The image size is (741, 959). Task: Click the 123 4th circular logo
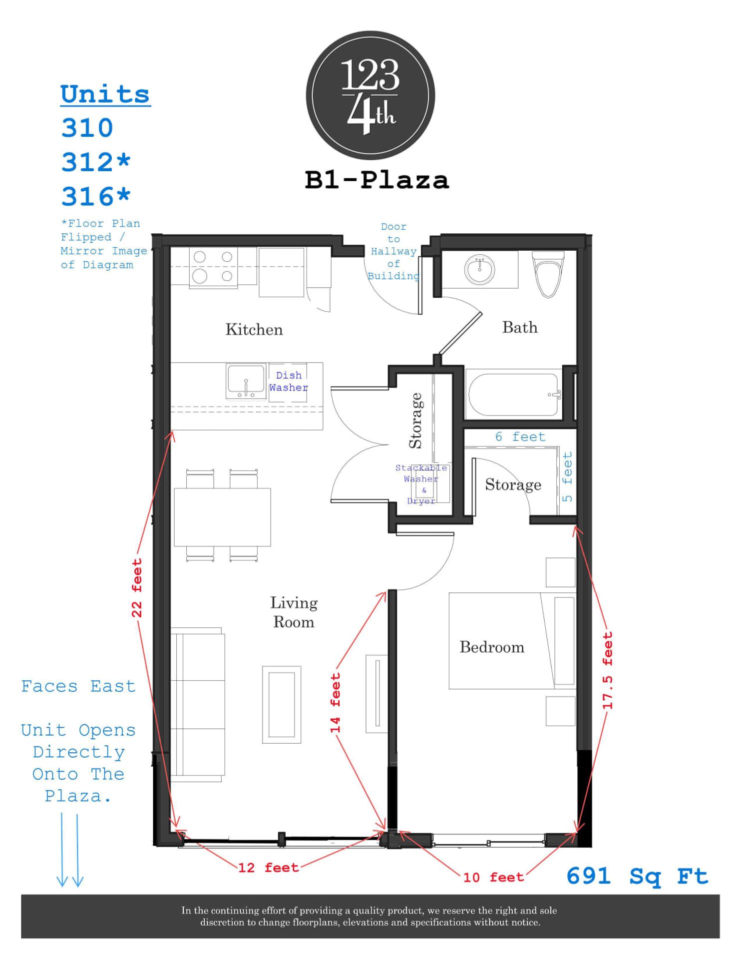point(370,95)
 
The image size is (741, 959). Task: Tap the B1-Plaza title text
point(376,180)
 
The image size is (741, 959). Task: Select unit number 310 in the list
point(87,128)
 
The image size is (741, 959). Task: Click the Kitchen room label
point(254,330)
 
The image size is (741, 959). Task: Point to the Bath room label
point(520,328)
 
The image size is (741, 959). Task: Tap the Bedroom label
point(492,647)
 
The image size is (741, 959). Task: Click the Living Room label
point(294,612)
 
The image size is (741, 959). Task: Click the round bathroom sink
point(479,269)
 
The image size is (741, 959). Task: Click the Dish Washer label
point(289,382)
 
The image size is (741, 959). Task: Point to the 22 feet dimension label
point(137,588)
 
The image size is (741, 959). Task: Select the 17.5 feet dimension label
point(607,670)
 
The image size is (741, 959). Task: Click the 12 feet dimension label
point(268,868)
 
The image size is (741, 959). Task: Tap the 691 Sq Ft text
point(637,877)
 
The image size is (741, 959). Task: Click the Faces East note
point(78,686)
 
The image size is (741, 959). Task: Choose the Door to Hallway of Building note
point(393,251)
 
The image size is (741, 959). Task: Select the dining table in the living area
point(222,516)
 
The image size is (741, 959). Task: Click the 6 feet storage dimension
point(520,437)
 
